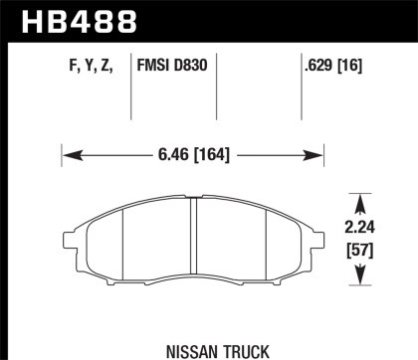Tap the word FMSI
[x=160, y=68]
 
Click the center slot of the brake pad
[x=192, y=239]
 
